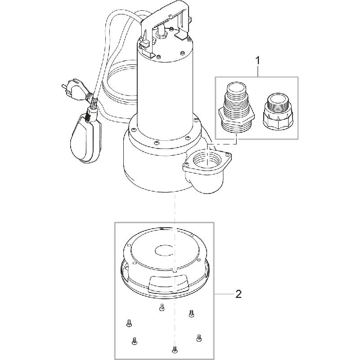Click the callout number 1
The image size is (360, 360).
pos(258,61)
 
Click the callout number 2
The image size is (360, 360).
pos(239,294)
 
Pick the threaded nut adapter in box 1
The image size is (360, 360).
pos(278,111)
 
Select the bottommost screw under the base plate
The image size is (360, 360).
pos(174,349)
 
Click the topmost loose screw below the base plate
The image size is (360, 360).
pos(162,307)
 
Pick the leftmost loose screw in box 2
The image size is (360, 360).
pos(129,323)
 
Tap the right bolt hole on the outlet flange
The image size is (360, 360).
pos(228,154)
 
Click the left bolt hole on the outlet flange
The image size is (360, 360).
pos(186,164)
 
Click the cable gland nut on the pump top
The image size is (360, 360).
pos(161,35)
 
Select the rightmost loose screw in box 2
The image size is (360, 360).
pos(199,338)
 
